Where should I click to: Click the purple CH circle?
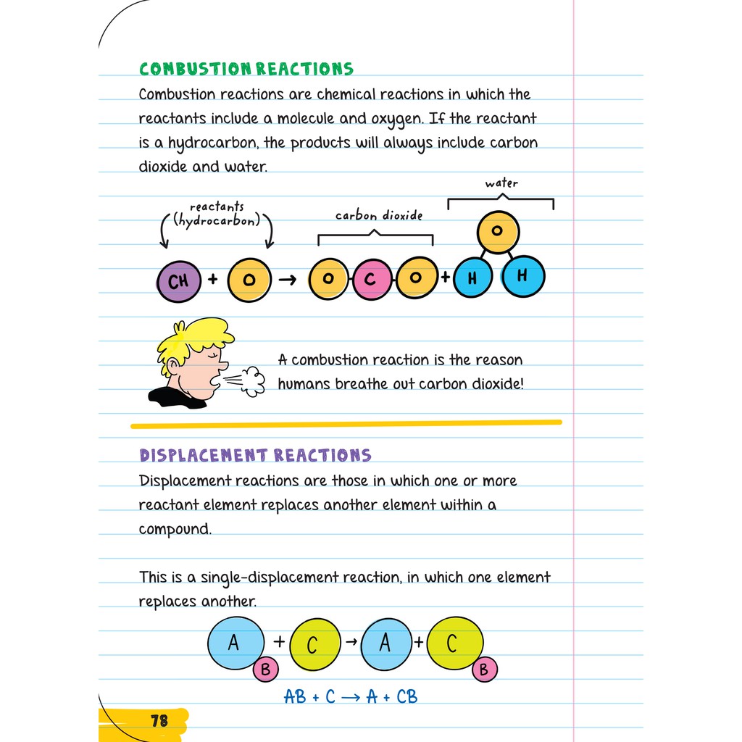178,281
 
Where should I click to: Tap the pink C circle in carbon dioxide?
371,279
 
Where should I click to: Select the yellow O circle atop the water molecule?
497,231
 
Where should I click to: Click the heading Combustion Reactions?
246,70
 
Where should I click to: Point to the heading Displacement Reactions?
255,456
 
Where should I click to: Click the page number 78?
159,720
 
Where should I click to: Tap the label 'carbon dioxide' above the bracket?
378,215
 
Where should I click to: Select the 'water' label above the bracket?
501,183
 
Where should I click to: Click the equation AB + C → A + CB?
351,696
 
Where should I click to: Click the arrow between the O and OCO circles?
288,280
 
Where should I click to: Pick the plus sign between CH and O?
213,279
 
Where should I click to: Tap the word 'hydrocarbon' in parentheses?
217,220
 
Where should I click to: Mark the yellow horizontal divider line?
346,424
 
